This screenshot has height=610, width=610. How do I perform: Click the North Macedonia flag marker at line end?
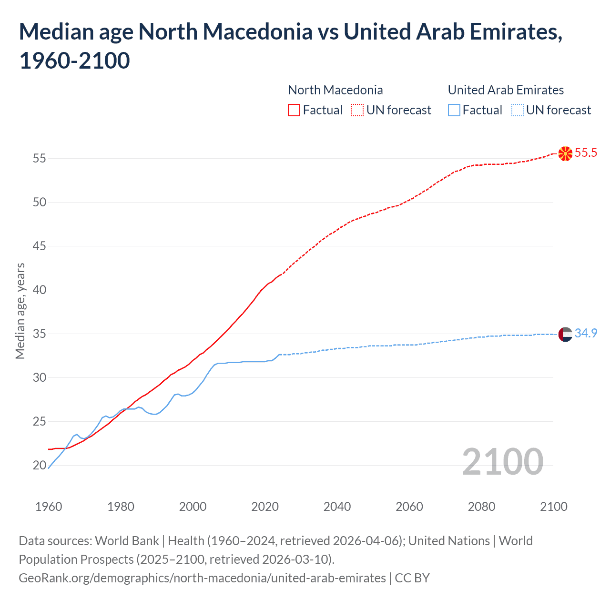click(565, 153)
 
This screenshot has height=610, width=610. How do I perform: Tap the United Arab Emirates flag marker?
click(565, 334)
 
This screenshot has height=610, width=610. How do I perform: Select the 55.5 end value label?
click(586, 152)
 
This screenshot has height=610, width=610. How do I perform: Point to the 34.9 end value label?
click(586, 333)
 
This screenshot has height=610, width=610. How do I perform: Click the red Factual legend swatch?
click(294, 110)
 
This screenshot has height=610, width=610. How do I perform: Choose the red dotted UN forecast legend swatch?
click(357, 110)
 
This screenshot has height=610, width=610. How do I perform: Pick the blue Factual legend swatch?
click(454, 110)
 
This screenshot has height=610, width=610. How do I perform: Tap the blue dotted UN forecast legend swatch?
click(517, 110)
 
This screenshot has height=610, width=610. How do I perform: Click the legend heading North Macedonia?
click(335, 90)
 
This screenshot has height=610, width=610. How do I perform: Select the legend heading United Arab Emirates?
click(506, 90)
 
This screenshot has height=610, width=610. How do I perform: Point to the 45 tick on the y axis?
click(40, 246)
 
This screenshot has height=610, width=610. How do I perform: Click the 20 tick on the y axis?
click(40, 465)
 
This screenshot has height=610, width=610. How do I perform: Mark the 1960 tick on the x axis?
click(49, 506)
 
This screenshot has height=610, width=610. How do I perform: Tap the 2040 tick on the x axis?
click(337, 506)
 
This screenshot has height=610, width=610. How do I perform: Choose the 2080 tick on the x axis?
click(481, 506)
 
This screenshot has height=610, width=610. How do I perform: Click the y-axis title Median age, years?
click(20, 311)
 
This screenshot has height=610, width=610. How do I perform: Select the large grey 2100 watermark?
click(502, 461)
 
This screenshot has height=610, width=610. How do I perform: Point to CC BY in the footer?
click(412, 578)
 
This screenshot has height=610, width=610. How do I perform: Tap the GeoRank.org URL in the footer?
click(202, 578)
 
